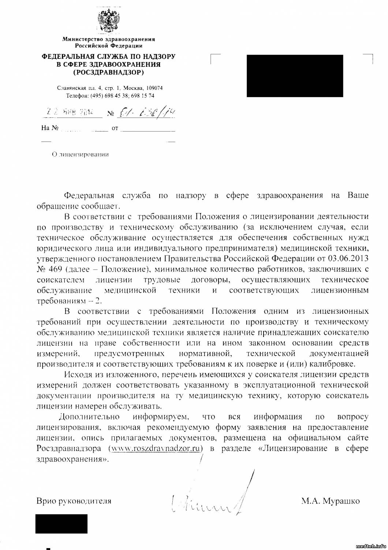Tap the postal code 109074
(x=155, y=88)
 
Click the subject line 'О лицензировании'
(x=81, y=155)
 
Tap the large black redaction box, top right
(x=295, y=76)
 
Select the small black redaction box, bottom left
(x=61, y=524)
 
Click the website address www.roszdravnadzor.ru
(x=156, y=448)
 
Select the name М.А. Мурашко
(x=330, y=501)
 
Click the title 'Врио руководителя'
(x=74, y=501)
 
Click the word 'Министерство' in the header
(x=83, y=39)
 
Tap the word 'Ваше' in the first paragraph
(x=358, y=195)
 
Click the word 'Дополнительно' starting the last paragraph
(x=89, y=417)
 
